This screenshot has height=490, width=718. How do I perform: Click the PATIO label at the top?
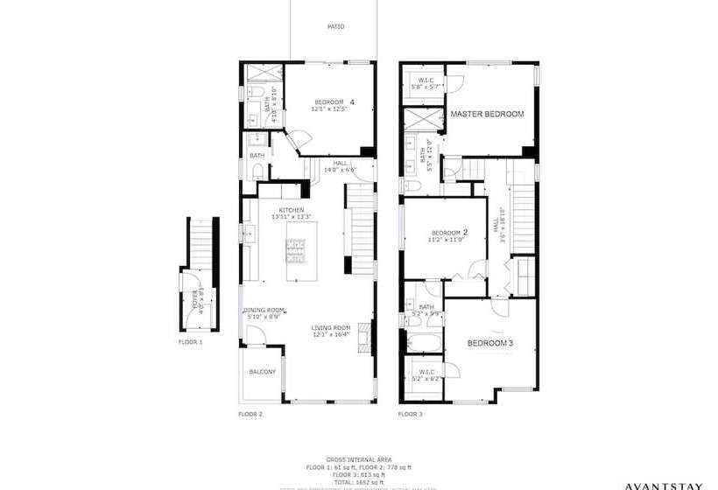[335, 26]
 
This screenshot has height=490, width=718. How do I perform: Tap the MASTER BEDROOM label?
[487, 115]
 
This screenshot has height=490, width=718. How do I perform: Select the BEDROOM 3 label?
[489, 342]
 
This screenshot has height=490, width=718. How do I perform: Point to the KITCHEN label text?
[292, 210]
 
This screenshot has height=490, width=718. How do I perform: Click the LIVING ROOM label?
[330, 328]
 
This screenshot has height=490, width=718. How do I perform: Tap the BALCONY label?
[262, 372]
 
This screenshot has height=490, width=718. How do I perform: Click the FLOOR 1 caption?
[190, 341]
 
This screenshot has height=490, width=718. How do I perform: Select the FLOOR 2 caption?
[250, 412]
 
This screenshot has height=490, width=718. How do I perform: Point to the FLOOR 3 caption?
[410, 412]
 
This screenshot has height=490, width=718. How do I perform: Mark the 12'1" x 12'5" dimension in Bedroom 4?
[332, 109]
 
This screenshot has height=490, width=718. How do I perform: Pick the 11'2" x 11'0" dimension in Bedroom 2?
[446, 239]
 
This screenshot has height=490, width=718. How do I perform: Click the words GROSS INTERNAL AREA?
[360, 459]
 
